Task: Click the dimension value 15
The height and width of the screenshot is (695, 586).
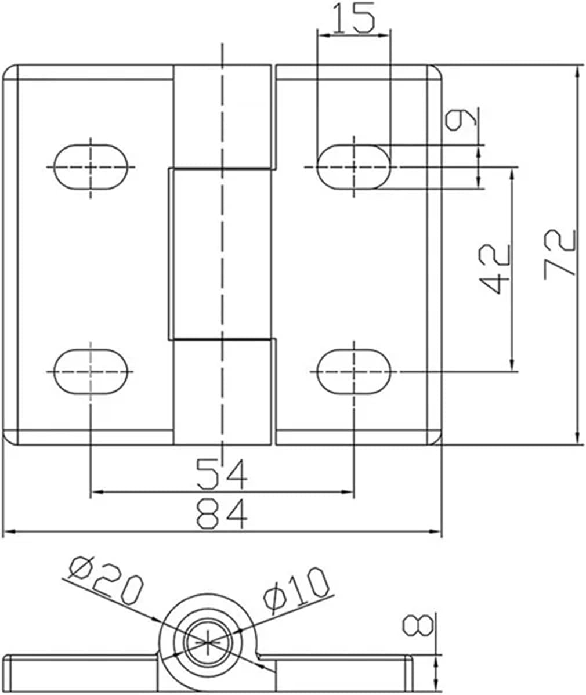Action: (x=353, y=19)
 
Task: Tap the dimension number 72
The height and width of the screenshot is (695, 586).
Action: (x=560, y=254)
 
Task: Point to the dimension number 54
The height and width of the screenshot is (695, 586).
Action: (x=222, y=473)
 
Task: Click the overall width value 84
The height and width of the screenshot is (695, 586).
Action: (x=222, y=514)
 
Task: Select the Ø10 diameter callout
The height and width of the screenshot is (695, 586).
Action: (x=296, y=589)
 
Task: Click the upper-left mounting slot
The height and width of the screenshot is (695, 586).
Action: (x=91, y=167)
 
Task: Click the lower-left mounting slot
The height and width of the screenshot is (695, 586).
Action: (x=91, y=371)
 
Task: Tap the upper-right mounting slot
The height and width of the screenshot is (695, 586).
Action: (x=353, y=167)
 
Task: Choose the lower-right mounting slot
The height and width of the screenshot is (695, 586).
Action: (x=353, y=371)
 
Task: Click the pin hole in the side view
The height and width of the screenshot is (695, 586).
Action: (x=208, y=643)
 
